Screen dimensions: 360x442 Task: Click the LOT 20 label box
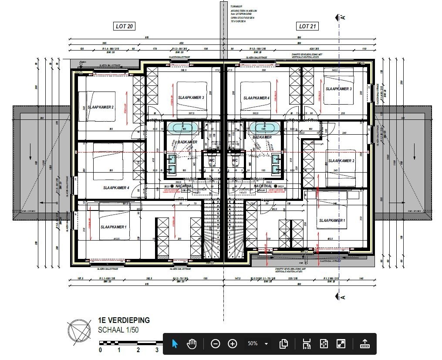[124, 26]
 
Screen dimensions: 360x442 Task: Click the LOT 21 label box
[307, 26]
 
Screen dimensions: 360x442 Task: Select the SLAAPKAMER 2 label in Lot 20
[100, 107]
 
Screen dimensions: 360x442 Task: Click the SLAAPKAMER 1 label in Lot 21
[332, 221]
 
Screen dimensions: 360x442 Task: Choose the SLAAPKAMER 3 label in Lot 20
[191, 98]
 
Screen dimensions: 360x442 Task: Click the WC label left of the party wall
[212, 160]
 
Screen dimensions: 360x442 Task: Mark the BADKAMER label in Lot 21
[262, 137]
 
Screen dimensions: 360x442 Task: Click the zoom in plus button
[233, 344]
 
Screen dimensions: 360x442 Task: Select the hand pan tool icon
[192, 344]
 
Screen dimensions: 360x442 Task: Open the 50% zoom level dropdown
[257, 344]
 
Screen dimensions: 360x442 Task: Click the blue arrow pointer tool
[175, 344]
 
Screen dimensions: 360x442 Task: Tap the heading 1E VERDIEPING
[124, 320]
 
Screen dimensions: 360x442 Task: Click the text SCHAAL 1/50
[118, 330]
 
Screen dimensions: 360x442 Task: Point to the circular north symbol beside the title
[78, 331]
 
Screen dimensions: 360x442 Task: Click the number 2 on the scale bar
[138, 350]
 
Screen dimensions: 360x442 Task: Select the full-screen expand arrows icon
[341, 344]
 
